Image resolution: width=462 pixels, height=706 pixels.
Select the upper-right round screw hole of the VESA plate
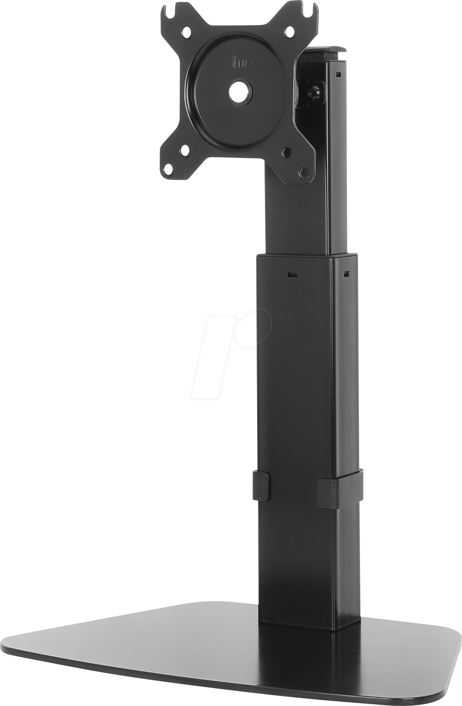[x=289, y=31]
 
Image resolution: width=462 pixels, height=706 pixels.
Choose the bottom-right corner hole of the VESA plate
[x=304, y=173]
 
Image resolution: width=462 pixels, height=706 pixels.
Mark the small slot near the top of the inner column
[x=338, y=74]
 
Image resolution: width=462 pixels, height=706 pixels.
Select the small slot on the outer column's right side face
[x=346, y=274]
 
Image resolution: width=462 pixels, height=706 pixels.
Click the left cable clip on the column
[x=261, y=486]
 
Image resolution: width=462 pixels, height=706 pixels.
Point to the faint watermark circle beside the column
[x=258, y=329]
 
